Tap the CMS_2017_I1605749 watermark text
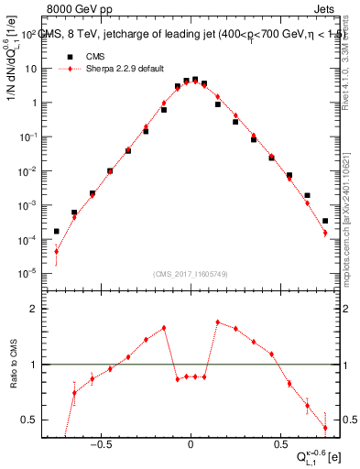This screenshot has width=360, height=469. [x=190, y=274]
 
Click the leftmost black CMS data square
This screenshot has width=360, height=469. [x=56, y=232]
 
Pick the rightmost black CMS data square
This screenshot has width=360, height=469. [x=325, y=221]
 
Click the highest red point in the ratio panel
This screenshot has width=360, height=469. [x=217, y=322]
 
